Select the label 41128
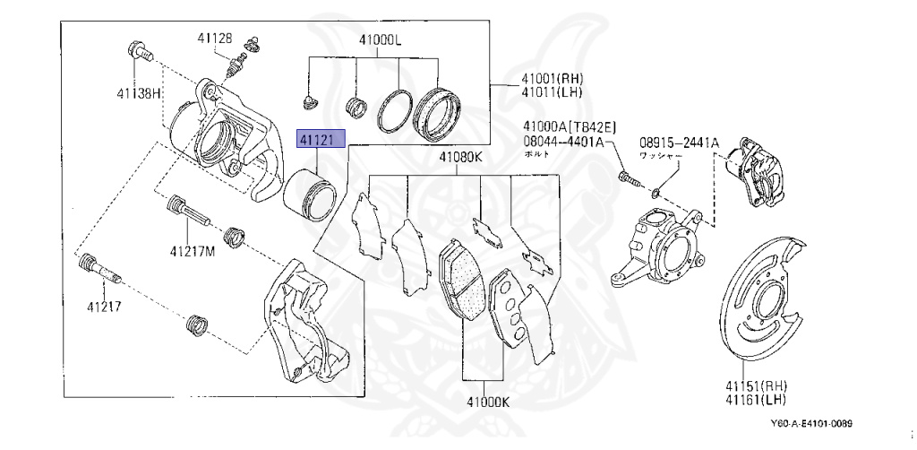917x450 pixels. pos(215,38)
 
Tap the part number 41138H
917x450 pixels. pos(138,92)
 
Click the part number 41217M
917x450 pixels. pos(194,252)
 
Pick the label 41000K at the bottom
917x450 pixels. pos(487,402)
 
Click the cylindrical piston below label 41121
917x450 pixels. pos(310,194)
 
